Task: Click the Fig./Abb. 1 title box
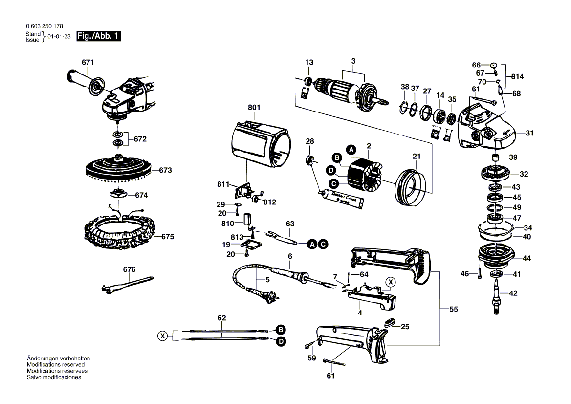click(98, 36)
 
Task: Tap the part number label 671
click(88, 62)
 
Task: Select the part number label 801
click(254, 108)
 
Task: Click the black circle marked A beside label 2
click(351, 149)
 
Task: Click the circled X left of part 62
click(163, 336)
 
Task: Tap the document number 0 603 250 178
click(44, 26)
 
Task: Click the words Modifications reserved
click(56, 365)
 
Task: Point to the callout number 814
click(517, 77)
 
